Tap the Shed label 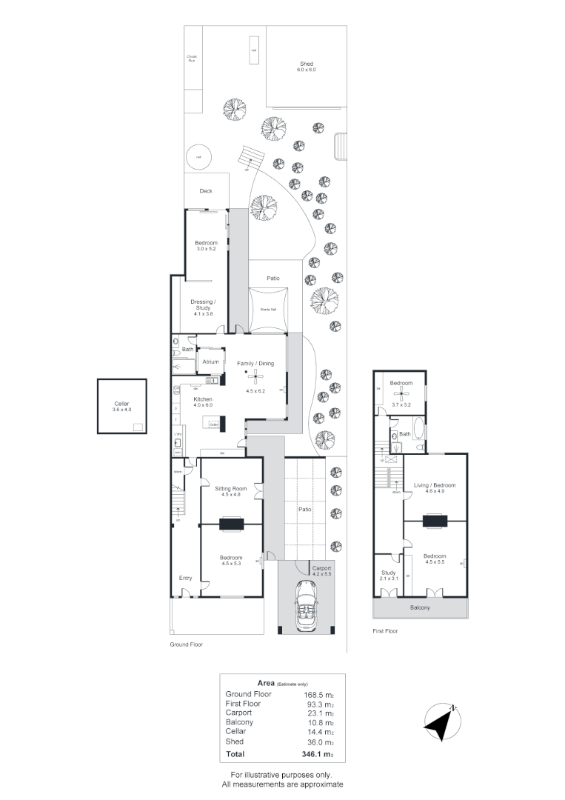click(307, 64)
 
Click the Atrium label click(210, 362)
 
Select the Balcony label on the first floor click(420, 607)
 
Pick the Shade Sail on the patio click(267, 310)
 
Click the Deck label click(206, 191)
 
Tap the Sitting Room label click(230, 490)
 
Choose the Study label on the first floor click(388, 573)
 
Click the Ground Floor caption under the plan click(186, 644)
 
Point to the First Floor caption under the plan click(385, 631)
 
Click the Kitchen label click(203, 399)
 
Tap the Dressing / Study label click(202, 304)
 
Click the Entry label click(185, 578)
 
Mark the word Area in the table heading click(265, 682)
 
